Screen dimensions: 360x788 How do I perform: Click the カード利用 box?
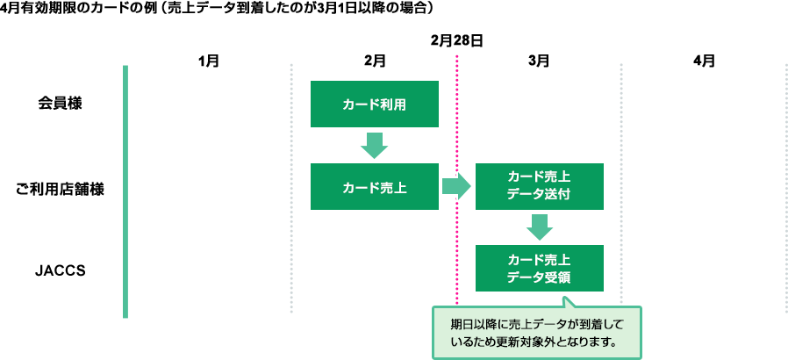pos(374,104)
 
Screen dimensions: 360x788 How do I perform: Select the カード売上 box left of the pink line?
pos(374,186)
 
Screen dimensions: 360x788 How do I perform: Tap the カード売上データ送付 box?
pos(539,186)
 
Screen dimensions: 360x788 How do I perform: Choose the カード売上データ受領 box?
pos(539,268)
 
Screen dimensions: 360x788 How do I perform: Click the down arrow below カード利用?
pos(374,146)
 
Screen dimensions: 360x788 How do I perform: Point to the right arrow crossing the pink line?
pos(455,186)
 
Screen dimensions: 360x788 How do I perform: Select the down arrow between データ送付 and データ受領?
pos(539,227)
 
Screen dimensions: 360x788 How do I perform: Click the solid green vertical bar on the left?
pos(125,191)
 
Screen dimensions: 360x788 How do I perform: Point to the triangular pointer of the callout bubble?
pos(568,302)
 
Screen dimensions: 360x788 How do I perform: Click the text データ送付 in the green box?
pos(539,194)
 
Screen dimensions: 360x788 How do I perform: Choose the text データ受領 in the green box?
pos(539,277)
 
